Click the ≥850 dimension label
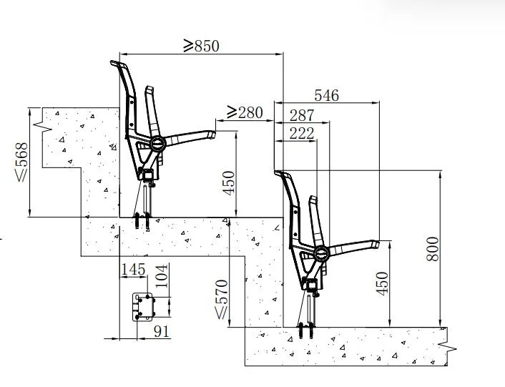tap(201, 45)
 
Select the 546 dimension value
tap(326, 95)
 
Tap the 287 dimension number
tap(302, 114)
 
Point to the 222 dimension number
tap(302, 132)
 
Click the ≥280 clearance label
tap(245, 112)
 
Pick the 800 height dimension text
tap(432, 248)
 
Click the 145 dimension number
tap(134, 270)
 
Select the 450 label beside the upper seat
tap(228, 183)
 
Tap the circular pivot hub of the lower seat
tap(320, 252)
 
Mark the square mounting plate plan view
tap(146, 307)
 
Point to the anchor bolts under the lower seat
tap(308, 330)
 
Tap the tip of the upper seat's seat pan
tap(212, 132)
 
